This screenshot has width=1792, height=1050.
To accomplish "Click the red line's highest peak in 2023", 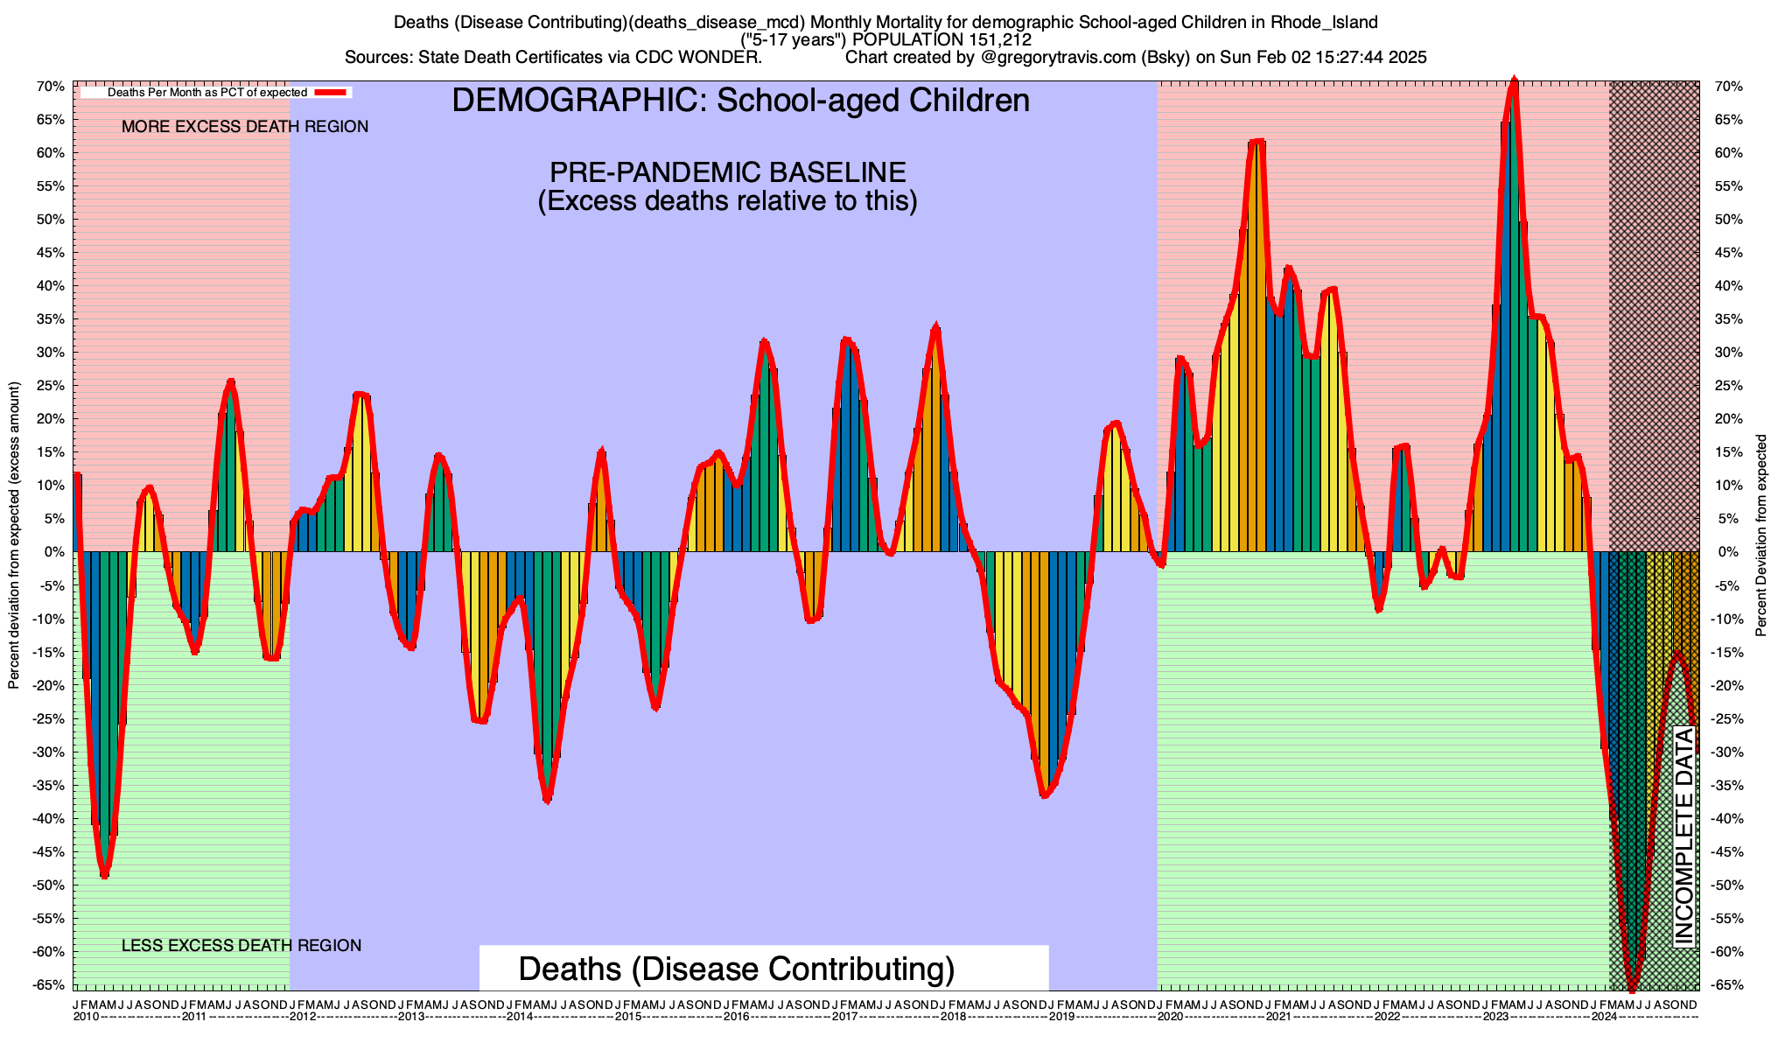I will (x=1514, y=80).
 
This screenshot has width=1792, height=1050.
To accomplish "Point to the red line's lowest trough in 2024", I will (x=1632, y=989).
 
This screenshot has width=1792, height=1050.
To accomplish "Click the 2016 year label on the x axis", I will (x=736, y=1017).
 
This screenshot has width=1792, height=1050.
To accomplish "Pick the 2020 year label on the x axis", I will (x=1169, y=1017).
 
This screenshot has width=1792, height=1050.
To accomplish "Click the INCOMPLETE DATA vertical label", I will (x=1683, y=836).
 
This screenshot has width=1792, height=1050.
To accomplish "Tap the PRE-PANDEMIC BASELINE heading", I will (x=727, y=171).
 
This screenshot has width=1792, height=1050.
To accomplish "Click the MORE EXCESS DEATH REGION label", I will (x=245, y=127).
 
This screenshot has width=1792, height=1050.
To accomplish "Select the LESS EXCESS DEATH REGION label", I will (x=241, y=946).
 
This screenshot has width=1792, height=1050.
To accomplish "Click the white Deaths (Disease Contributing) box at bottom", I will (x=763, y=969).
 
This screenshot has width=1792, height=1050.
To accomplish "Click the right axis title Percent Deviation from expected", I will (x=1761, y=535).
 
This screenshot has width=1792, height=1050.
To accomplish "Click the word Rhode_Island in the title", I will (x=1324, y=22).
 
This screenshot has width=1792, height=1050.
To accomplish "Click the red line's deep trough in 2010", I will (x=104, y=875).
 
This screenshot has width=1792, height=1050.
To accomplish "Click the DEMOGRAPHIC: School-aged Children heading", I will (x=740, y=101).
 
